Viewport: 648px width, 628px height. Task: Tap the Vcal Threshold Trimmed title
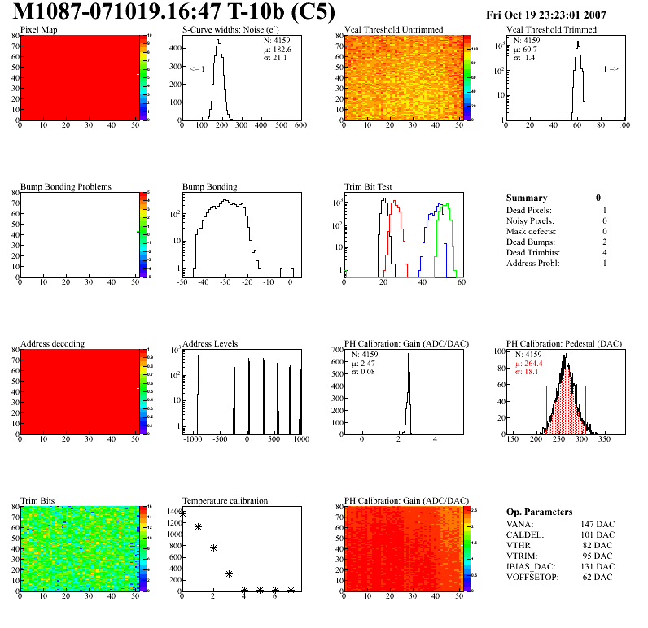click(551, 30)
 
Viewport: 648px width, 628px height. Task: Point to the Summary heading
click(527, 198)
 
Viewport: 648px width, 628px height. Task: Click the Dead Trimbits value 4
click(603, 253)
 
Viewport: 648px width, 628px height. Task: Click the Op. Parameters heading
click(539, 512)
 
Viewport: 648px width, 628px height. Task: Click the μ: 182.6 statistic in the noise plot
click(278, 49)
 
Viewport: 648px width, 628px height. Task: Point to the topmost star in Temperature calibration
click(182, 513)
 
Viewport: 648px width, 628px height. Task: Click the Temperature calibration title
click(225, 501)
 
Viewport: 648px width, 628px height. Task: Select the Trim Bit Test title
click(370, 187)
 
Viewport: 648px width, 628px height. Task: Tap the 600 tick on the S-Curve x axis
click(299, 126)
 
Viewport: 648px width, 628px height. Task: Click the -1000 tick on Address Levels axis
click(192, 439)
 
